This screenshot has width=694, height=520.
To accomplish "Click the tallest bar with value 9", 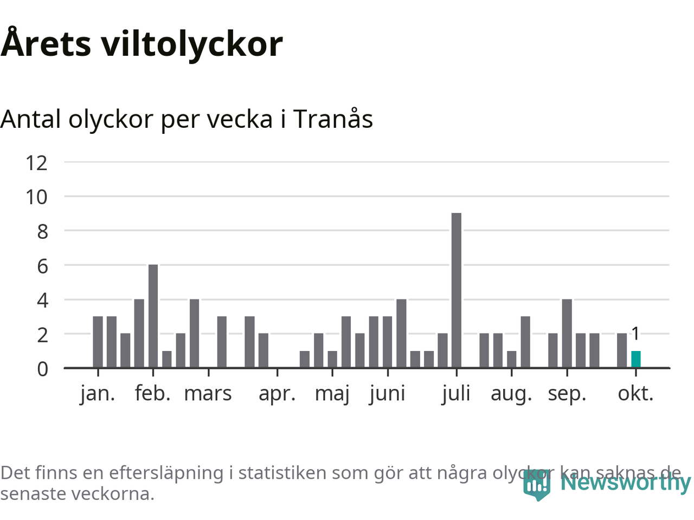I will (457, 290).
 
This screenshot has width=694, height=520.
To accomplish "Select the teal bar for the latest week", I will (635, 360).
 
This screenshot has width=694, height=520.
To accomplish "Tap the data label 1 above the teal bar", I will (635, 334).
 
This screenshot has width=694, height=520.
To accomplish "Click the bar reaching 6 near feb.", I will (153, 316).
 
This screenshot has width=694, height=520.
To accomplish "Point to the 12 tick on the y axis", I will (37, 162).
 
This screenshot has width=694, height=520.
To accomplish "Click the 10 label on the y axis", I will (37, 197).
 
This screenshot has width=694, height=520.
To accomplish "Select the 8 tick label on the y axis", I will (42, 232).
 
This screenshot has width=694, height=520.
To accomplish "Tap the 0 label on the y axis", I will (42, 369).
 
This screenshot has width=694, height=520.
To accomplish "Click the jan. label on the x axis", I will (98, 394).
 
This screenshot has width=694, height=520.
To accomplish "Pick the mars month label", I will (208, 394).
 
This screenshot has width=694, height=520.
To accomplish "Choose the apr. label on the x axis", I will (277, 394).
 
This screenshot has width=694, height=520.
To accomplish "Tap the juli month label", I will (456, 394).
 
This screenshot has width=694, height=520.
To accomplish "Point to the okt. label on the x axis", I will (635, 394).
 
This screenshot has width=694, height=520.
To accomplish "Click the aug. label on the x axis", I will (511, 394).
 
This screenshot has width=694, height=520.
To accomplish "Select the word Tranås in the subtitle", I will (333, 119).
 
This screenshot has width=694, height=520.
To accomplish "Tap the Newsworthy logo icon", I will (537, 484).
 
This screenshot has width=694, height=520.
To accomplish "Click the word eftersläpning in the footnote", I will (166, 473).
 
